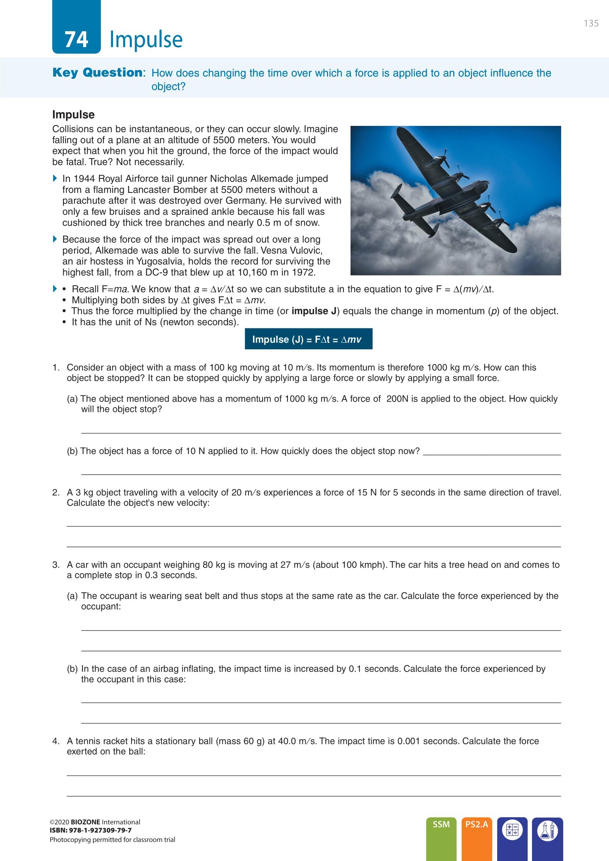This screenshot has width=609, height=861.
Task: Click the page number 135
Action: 591,23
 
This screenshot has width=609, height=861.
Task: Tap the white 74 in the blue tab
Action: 77,39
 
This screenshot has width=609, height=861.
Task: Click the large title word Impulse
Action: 146,39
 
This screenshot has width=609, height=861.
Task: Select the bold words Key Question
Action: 98,73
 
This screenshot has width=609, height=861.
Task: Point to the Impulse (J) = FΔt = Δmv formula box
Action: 308,339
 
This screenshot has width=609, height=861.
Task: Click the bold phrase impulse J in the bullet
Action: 314,311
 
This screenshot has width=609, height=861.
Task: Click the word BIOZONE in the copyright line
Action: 85,822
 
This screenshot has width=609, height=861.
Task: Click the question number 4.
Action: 56,741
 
